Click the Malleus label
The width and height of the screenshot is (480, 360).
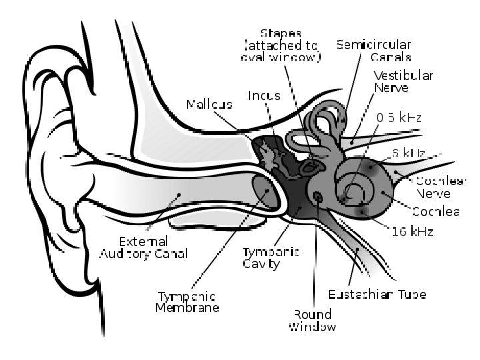point(209,104)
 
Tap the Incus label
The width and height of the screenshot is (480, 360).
point(264,95)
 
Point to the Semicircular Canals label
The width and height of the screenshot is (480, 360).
point(373,51)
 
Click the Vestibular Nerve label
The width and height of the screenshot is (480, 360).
point(403,81)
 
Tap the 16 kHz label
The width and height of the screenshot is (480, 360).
point(413,231)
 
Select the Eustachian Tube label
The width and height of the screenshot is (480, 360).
point(377,293)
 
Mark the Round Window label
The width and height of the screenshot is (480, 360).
point(313,320)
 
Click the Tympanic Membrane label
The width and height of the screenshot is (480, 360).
point(187,301)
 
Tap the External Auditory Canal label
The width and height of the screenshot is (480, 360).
point(143,247)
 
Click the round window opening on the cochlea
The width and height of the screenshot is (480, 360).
point(318,198)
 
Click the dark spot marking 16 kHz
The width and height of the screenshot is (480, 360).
point(363,212)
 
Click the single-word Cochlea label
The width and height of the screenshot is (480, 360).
point(435,212)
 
